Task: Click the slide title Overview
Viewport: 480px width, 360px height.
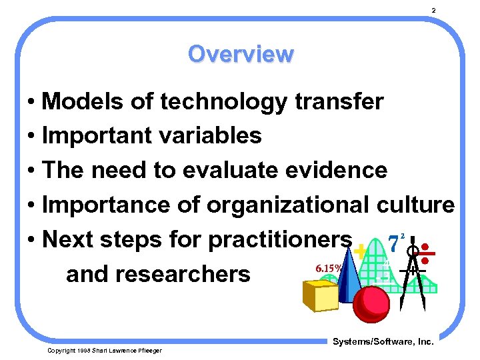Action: click(240, 53)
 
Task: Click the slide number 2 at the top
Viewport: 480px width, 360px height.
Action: click(433, 11)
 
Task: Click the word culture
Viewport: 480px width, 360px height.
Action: click(415, 205)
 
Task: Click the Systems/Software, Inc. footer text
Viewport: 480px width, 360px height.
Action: click(382, 342)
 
